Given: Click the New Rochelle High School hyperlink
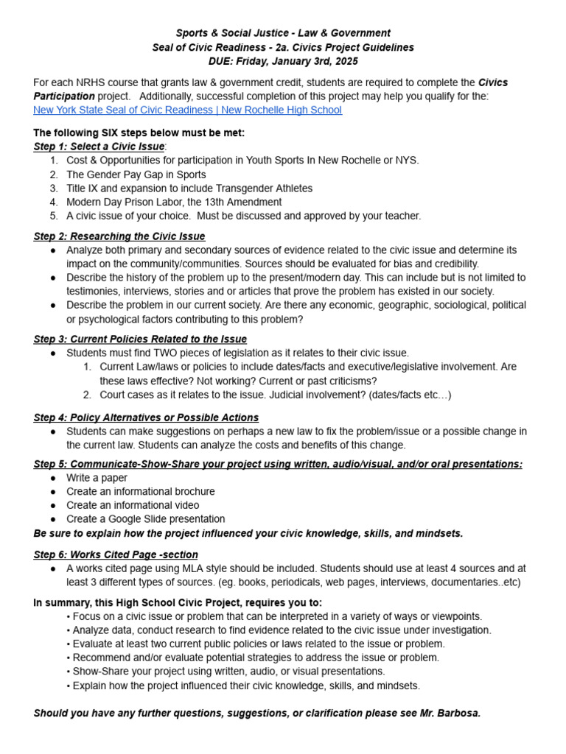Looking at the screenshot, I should [x=187, y=110].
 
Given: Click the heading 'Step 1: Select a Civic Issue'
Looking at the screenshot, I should [x=99, y=147].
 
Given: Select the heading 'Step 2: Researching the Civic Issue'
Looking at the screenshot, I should [x=119, y=236].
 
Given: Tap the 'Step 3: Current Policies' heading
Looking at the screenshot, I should [x=140, y=339].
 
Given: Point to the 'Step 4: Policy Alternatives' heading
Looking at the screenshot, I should [x=146, y=417].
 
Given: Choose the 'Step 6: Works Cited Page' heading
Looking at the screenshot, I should [x=116, y=554].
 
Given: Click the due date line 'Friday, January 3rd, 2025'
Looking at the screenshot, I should [x=284, y=61].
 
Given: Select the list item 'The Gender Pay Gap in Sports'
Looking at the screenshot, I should [x=136, y=175].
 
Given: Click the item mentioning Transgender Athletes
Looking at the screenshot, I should [x=189, y=188].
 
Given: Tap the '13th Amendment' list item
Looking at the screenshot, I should [x=174, y=202].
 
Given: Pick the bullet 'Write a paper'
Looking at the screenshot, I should [x=97, y=478].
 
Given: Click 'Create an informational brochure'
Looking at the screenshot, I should [x=141, y=491].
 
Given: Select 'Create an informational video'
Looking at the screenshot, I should [x=133, y=505].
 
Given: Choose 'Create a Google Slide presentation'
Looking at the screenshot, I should [x=146, y=519].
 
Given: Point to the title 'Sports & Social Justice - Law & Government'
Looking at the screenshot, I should [x=283, y=33].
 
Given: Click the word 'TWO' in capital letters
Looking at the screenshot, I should [x=168, y=353].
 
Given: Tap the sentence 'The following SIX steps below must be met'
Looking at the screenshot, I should [x=139, y=133].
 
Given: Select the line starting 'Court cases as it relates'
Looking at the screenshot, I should [x=275, y=395].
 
